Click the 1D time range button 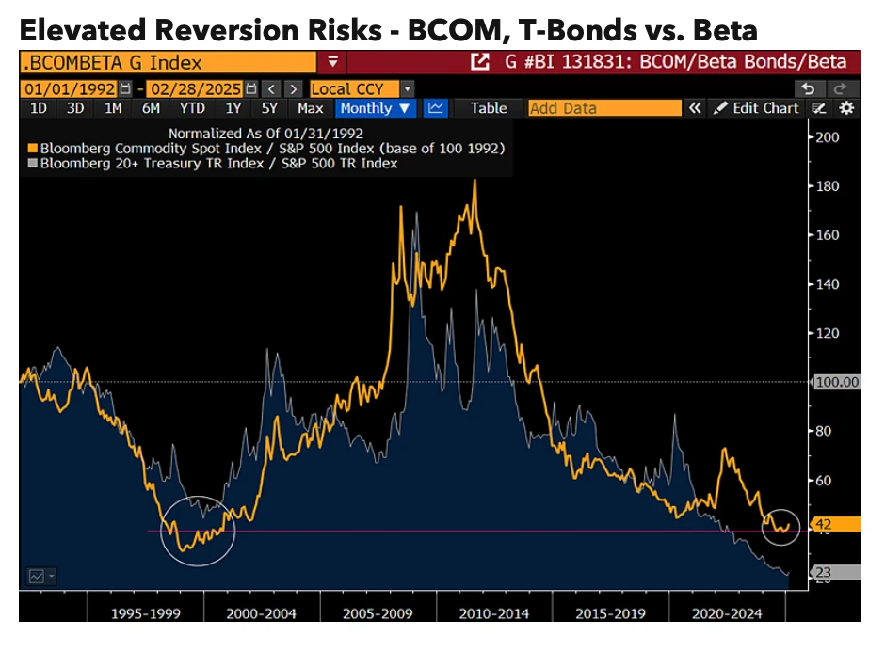tap(39, 108)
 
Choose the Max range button tap(311, 108)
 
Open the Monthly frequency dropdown tap(376, 108)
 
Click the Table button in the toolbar tap(489, 108)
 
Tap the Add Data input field tap(603, 108)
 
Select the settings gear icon tap(845, 108)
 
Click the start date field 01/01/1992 tap(71, 88)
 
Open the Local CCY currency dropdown tap(362, 88)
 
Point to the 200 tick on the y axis tap(826, 137)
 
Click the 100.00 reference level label tap(836, 382)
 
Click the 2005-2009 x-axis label tap(378, 613)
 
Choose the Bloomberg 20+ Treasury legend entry tap(217, 164)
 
